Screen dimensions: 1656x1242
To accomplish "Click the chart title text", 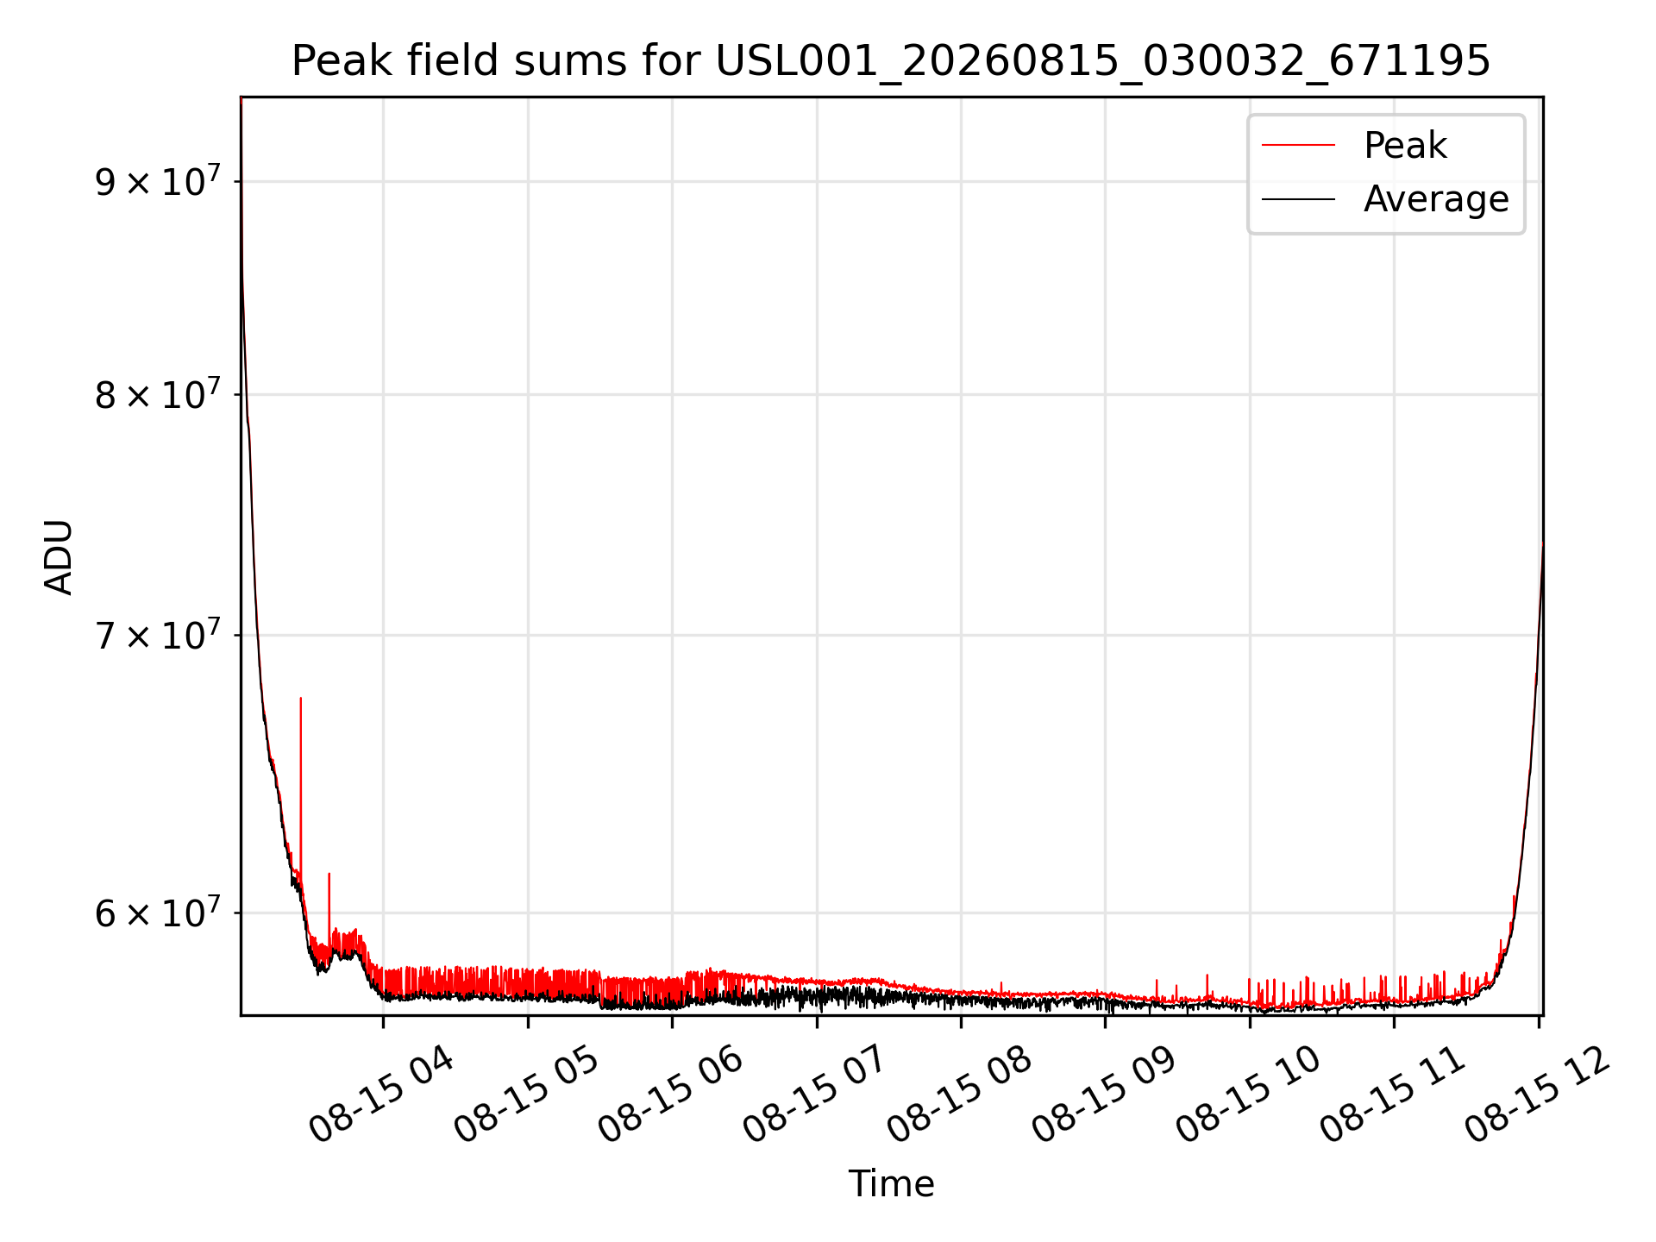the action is [x=891, y=61].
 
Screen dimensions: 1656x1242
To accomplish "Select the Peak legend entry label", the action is [x=1405, y=145].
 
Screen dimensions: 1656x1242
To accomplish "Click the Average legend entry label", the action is [x=1436, y=199].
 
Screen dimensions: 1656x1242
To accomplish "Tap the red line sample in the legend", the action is [x=1298, y=145].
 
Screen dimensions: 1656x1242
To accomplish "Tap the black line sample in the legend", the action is [x=1298, y=199].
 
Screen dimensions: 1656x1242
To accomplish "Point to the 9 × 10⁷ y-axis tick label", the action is [x=158, y=180].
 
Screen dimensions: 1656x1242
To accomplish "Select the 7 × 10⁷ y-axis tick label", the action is [x=158, y=635].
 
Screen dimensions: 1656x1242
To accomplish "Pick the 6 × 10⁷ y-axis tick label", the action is [x=158, y=912].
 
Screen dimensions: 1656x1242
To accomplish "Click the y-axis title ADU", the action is [x=59, y=556].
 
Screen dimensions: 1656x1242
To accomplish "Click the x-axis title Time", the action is [x=891, y=1183].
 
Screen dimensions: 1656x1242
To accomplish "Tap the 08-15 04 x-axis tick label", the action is [x=380, y=1095].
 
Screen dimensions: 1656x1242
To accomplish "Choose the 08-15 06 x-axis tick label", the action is [x=670, y=1095].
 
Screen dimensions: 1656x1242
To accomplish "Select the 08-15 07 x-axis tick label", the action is [x=814, y=1095].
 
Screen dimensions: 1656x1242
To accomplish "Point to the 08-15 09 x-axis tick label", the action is [x=1103, y=1095].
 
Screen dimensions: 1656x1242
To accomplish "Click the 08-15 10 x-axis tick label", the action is [x=1247, y=1095].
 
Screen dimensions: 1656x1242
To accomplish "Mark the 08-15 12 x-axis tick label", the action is [x=1537, y=1095].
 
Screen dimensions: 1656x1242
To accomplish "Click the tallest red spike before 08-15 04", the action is [x=300, y=776].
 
